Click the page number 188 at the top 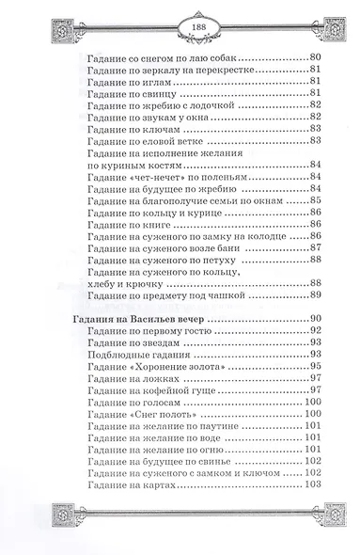click(x=179, y=26)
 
